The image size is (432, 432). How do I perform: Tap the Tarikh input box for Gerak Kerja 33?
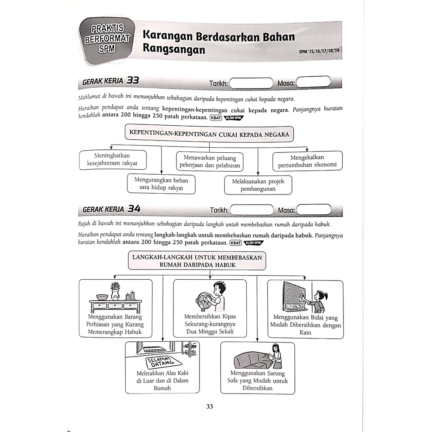[x=251, y=83]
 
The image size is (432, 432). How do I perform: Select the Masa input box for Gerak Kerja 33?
[x=313, y=83]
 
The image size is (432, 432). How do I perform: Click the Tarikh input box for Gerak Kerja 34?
[x=252, y=210]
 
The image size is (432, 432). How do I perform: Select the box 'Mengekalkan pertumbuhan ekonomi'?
[x=307, y=161]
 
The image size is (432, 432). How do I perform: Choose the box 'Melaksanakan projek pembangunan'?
[x=258, y=185]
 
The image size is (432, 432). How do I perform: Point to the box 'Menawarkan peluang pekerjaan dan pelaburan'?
[x=210, y=162]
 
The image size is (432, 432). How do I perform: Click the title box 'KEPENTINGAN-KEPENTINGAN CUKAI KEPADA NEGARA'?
[x=209, y=134]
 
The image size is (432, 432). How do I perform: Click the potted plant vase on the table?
[x=115, y=291]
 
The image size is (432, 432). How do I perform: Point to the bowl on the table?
[x=102, y=297]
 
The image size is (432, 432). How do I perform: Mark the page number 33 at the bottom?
[x=210, y=407]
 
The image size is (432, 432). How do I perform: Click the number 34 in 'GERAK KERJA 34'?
[x=134, y=208]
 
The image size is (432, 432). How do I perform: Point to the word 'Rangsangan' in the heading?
[x=174, y=49]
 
